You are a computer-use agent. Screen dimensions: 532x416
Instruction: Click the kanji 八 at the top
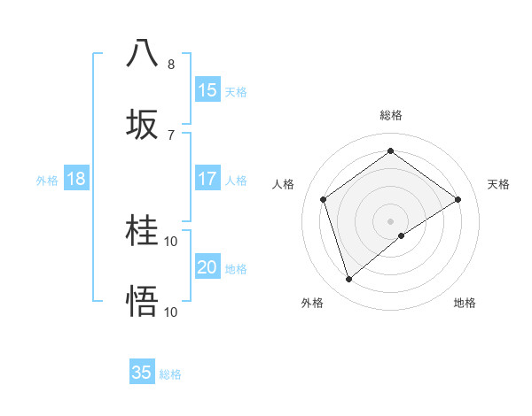click(143, 53)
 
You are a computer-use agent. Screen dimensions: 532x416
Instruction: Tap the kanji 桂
click(143, 232)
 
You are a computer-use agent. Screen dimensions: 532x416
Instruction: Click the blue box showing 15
click(207, 90)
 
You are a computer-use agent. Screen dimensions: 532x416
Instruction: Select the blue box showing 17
click(207, 179)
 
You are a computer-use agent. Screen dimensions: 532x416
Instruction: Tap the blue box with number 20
click(207, 267)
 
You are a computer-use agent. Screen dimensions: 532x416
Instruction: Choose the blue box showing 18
click(76, 179)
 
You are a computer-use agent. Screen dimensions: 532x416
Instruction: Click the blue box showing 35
click(142, 373)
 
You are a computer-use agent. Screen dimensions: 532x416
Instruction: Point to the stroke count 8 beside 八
click(171, 65)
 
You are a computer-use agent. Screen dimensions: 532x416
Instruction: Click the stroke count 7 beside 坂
click(171, 135)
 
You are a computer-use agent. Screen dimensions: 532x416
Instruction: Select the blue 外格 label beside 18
click(47, 181)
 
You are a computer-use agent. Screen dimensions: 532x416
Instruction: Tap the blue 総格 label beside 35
click(170, 374)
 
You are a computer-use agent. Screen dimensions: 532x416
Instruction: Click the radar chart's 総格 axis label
click(391, 115)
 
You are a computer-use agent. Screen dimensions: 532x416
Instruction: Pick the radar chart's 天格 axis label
click(498, 184)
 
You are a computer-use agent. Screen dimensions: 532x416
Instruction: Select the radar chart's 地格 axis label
click(465, 303)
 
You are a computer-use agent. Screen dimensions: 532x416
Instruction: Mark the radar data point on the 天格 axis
click(458, 199)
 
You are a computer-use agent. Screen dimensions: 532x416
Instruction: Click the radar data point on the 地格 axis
click(402, 235)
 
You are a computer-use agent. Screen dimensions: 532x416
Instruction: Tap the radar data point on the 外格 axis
click(349, 280)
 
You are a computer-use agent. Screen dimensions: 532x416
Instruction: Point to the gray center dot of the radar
click(391, 220)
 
